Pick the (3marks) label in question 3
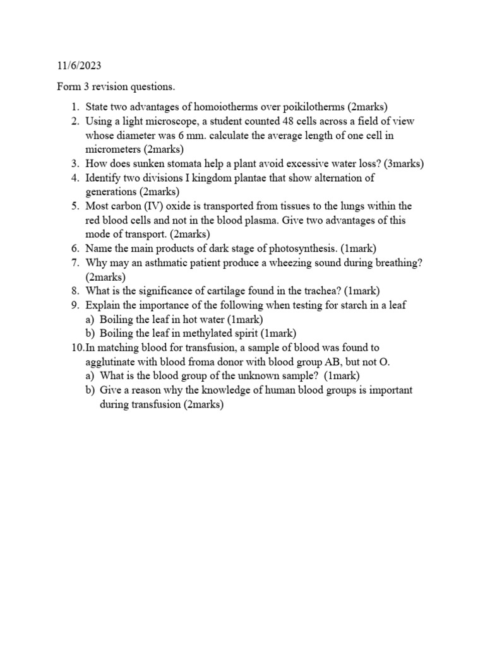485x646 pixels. (399, 164)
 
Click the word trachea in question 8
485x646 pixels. (318, 291)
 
